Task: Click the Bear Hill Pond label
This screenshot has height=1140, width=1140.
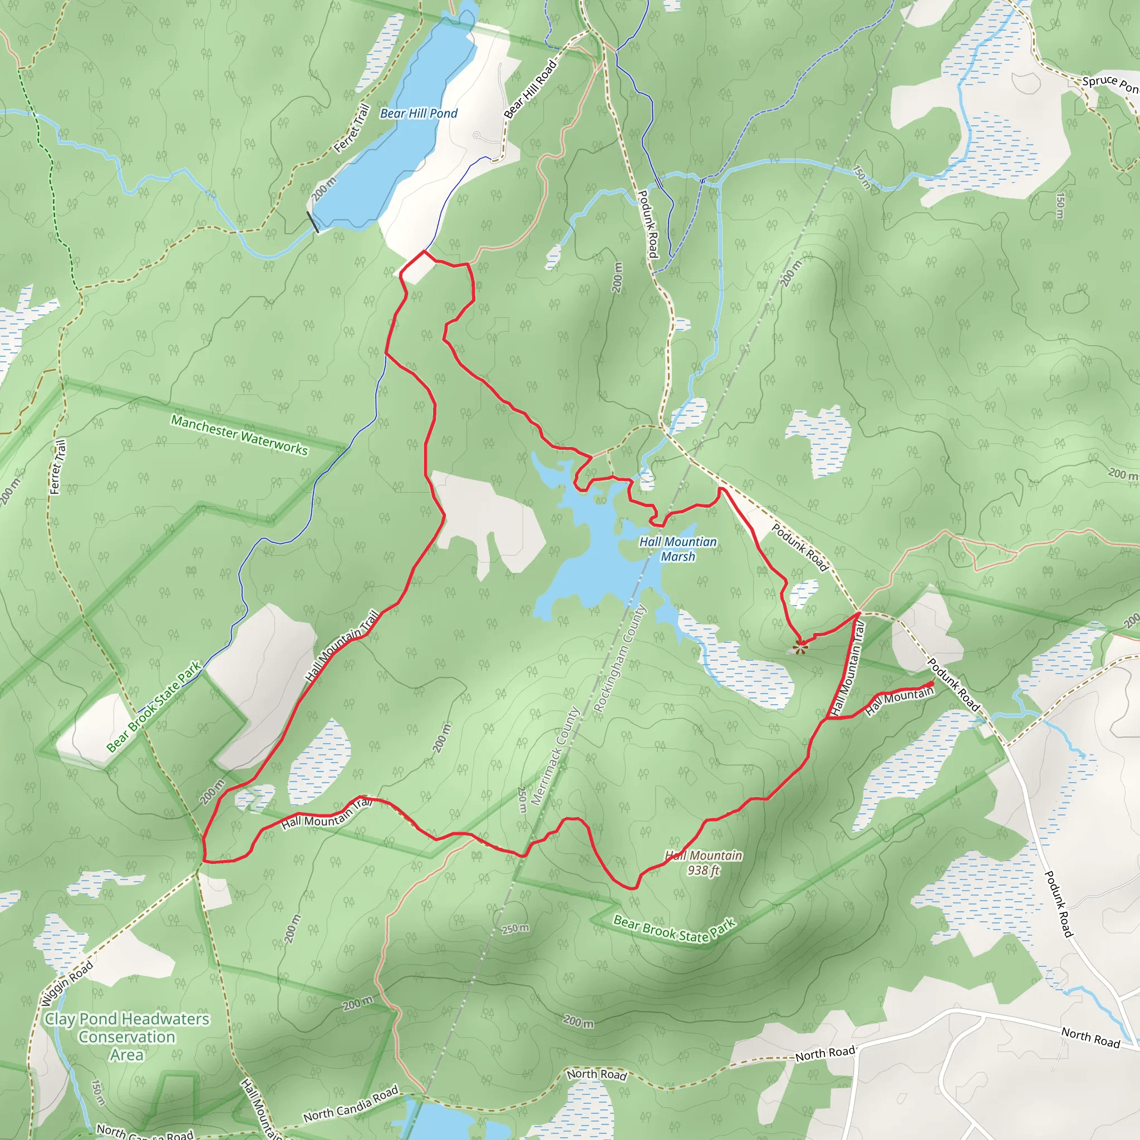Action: click(x=419, y=114)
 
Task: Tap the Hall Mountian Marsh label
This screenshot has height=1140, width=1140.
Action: click(x=678, y=549)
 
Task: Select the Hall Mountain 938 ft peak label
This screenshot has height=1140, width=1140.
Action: click(x=704, y=863)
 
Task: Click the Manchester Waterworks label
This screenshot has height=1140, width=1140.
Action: click(x=239, y=435)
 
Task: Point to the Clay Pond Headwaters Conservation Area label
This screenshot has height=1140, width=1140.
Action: click(x=127, y=1036)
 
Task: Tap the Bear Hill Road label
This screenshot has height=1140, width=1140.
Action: click(x=530, y=89)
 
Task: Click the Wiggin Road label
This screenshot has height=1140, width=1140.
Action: click(x=67, y=983)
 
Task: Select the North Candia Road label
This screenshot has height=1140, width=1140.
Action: click(x=351, y=1103)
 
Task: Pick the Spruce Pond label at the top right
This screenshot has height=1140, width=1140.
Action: click(x=1109, y=84)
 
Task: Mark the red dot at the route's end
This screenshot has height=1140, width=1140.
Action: click(x=932, y=684)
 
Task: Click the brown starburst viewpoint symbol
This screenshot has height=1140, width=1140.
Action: click(x=799, y=648)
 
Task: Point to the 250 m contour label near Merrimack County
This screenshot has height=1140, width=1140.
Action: click(x=522, y=800)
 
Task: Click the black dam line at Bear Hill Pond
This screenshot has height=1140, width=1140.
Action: click(x=313, y=222)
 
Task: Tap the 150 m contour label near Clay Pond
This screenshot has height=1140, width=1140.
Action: click(x=99, y=1092)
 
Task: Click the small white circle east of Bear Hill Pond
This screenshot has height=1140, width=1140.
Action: click(x=476, y=135)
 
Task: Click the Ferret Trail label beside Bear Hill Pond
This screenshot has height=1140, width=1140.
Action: click(x=352, y=129)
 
